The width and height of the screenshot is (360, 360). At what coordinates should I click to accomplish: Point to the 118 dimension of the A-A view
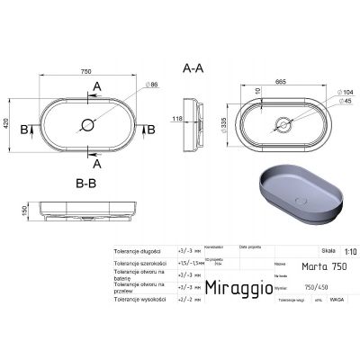[x=179, y=116]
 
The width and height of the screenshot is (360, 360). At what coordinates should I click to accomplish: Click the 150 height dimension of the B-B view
[x=11, y=210]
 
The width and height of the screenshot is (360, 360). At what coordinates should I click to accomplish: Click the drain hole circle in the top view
[x=88, y=125]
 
